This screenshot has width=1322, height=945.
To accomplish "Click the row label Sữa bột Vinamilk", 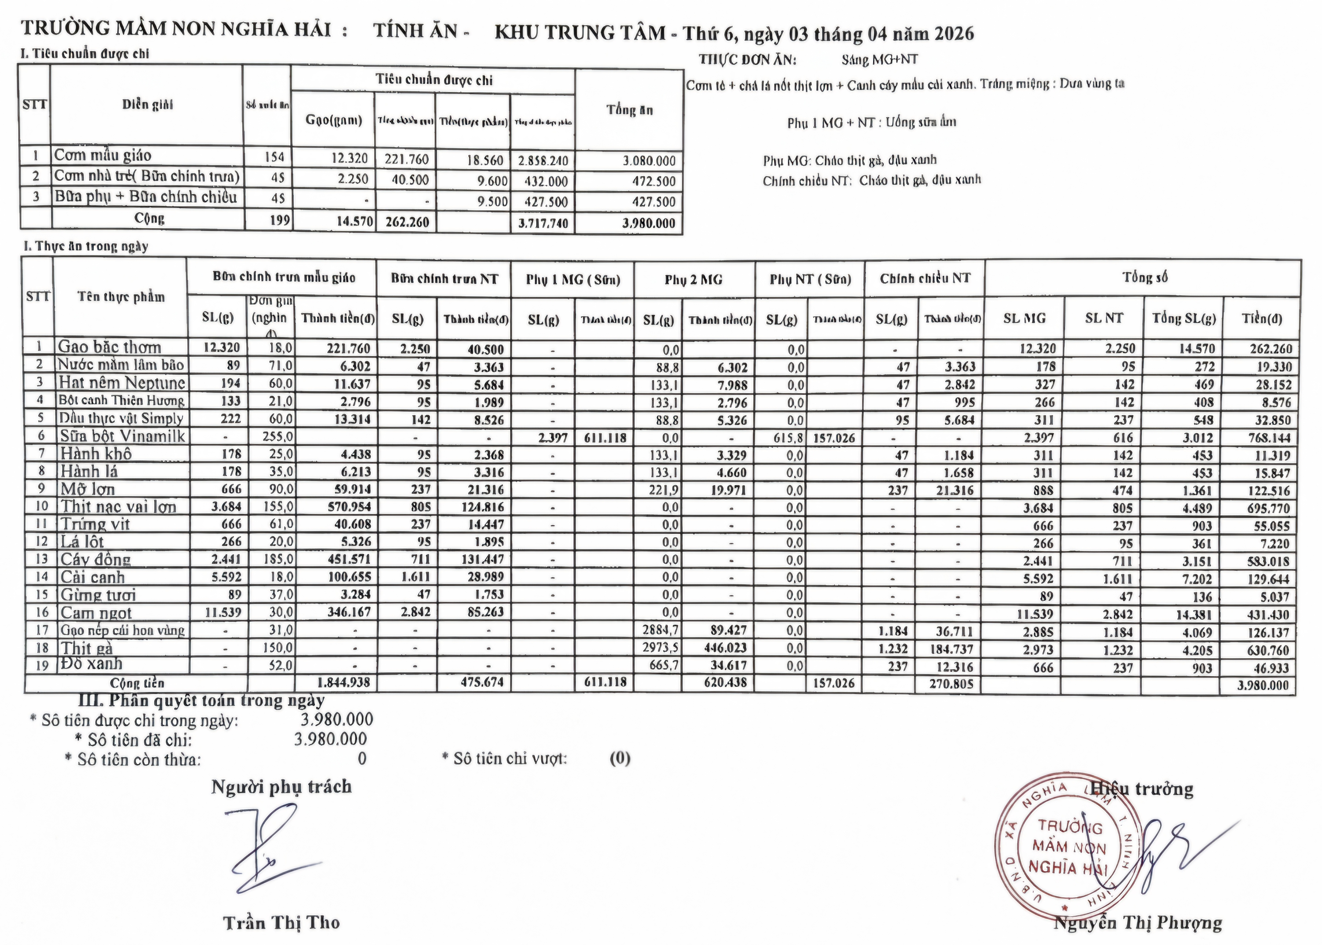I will point(122,436).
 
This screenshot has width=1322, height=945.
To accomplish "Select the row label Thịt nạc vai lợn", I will point(118,507).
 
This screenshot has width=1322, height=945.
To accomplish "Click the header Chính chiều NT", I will point(925,279).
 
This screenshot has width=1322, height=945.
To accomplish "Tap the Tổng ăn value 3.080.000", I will point(649,161).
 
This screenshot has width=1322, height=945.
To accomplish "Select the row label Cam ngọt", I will point(96,613).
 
